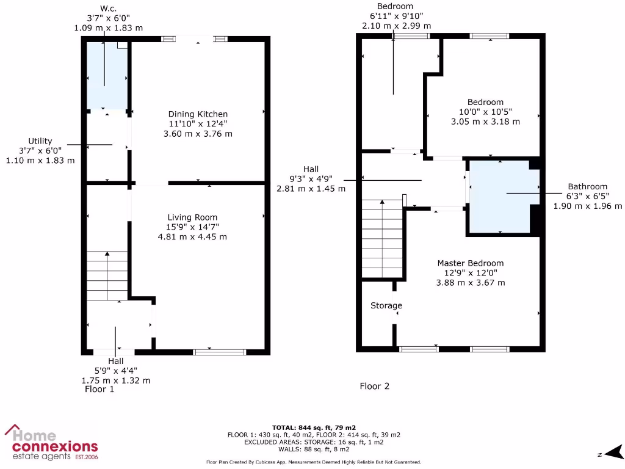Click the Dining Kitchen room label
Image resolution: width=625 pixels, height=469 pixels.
point(198,114)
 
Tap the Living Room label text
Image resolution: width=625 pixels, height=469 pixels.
point(192,217)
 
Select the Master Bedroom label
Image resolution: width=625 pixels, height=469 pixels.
point(470,263)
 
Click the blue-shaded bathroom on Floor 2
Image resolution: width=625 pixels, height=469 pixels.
point(499,197)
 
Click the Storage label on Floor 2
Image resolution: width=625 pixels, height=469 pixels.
point(386,305)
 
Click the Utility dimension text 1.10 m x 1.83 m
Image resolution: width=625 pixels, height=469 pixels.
point(40,161)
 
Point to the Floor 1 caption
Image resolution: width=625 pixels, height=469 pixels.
point(99,389)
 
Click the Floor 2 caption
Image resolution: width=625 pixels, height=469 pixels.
point(374,386)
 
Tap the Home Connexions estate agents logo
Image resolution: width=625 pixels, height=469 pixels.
point(51,443)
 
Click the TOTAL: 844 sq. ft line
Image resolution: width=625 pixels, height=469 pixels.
point(314,427)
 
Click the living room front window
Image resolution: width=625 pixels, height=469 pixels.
point(220,352)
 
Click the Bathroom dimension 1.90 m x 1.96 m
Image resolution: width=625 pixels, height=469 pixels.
point(587,206)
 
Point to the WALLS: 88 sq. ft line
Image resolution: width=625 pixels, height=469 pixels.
point(314,449)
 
